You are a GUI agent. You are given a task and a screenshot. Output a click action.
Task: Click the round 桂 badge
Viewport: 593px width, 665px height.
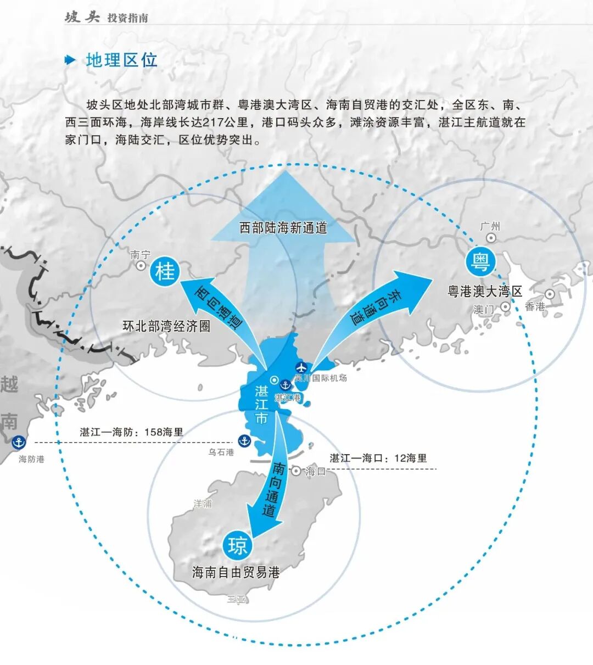[165, 271]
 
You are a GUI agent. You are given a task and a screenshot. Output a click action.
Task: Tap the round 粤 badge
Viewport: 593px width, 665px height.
[481, 262]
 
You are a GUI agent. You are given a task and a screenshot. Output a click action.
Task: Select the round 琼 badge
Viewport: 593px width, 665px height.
[237, 546]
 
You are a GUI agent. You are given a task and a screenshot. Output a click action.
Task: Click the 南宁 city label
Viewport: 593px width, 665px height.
[141, 255]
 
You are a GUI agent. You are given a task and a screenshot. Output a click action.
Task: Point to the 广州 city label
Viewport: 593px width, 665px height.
[490, 227]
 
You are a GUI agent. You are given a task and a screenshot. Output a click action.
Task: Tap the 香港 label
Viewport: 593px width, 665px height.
[534, 306]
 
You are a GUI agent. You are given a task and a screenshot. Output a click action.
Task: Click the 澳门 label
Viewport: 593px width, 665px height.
[484, 309]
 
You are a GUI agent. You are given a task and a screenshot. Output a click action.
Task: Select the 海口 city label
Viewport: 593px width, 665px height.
[316, 471]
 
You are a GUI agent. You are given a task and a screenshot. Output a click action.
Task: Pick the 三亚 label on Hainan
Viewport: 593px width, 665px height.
[237, 599]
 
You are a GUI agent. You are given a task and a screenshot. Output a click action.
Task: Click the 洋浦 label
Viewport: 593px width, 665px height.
[203, 503]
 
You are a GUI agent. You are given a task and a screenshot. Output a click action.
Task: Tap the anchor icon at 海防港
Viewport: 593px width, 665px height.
[19, 442]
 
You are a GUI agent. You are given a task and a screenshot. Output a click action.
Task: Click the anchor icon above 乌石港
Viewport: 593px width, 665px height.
[244, 440]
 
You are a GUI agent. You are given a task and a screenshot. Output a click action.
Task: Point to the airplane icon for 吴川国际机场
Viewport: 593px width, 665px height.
[301, 367]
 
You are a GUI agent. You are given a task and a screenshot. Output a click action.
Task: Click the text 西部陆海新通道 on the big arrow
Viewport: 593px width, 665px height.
[283, 227]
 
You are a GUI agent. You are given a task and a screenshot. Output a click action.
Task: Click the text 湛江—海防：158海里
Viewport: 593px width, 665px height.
[132, 432]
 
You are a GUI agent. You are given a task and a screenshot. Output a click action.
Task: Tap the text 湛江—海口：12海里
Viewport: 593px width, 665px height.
[378, 458]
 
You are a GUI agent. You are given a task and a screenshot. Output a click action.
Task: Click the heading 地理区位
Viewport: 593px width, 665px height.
[121, 60]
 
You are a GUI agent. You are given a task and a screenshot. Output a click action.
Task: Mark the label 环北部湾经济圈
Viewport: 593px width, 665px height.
[166, 326]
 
